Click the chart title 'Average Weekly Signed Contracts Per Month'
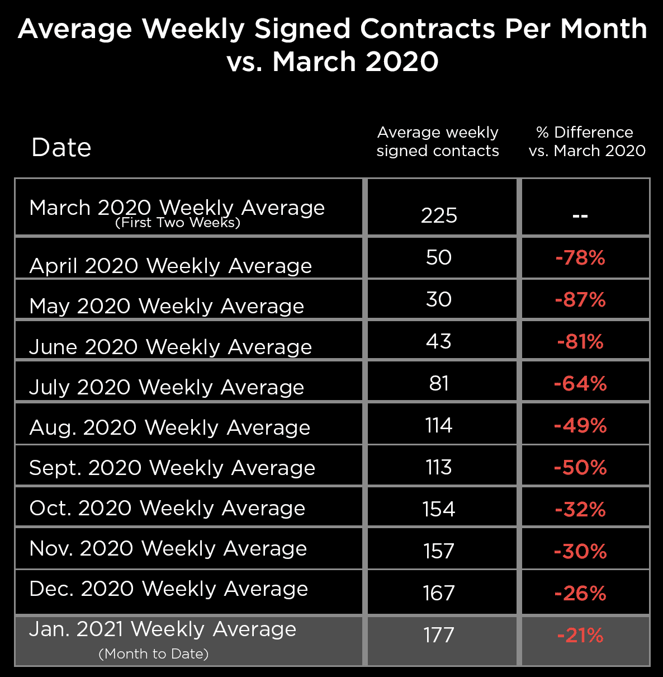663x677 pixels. (332, 29)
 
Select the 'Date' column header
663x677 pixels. (61, 148)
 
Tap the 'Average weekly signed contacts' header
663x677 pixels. (438, 142)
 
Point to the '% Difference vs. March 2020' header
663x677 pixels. (586, 142)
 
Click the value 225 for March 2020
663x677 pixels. (439, 215)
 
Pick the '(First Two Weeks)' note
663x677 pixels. (178, 223)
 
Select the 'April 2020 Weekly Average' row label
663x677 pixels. (171, 266)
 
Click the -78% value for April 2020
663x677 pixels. (580, 258)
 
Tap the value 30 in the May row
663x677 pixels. (439, 299)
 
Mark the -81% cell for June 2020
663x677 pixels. (580, 342)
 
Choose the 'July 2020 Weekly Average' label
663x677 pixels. (167, 387)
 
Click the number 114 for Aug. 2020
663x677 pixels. (439, 426)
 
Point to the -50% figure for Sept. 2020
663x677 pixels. (580, 468)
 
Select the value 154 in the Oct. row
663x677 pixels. (439, 509)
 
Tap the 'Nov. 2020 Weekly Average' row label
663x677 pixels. (168, 548)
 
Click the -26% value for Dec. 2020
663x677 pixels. (580, 594)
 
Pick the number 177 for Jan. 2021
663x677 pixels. (439, 635)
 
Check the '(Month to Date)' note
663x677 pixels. (154, 654)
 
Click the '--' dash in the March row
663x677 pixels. (580, 216)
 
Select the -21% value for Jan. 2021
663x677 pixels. (580, 636)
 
